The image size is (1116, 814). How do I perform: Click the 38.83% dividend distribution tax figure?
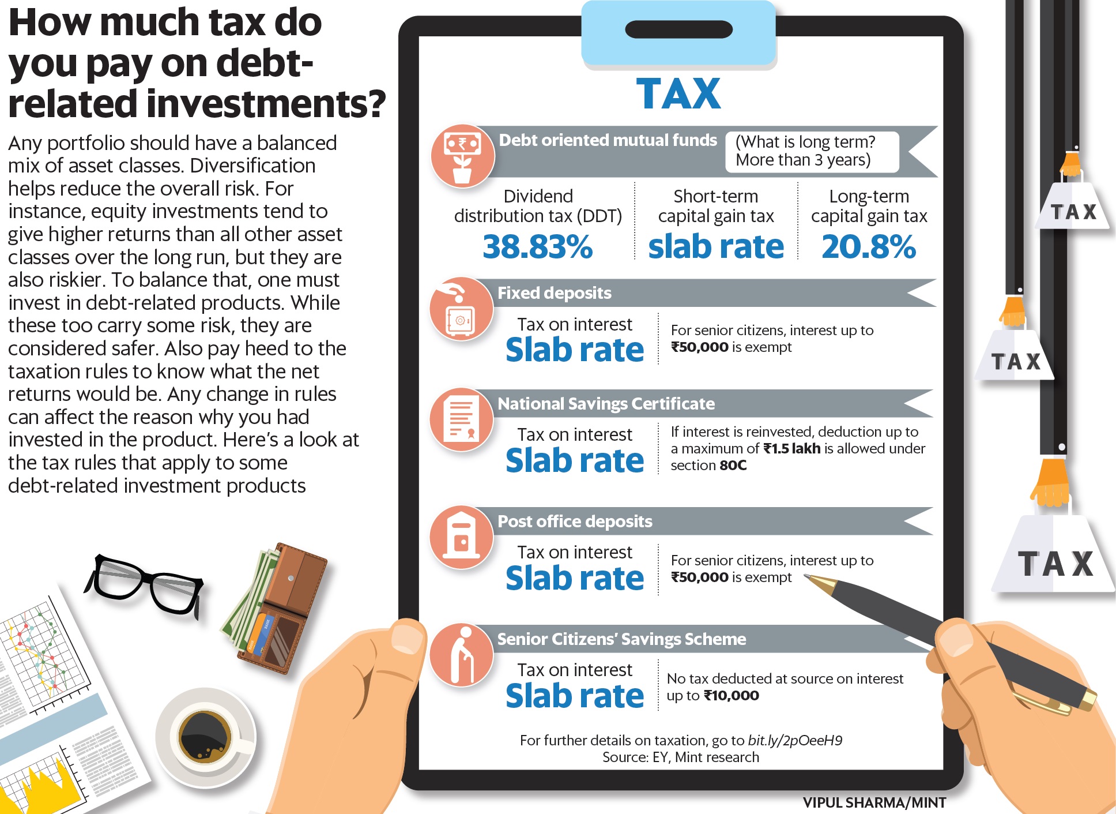[537, 247]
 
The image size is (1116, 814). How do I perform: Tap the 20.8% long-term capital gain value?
[868, 247]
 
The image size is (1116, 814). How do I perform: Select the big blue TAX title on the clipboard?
[678, 93]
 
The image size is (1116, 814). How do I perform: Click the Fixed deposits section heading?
[554, 293]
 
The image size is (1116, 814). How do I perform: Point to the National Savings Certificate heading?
[606, 404]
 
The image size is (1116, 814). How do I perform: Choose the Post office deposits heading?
[575, 522]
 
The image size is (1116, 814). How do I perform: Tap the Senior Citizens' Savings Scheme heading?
[621, 639]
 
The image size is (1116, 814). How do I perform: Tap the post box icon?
[461, 537]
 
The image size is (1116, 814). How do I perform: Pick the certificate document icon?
[462, 419]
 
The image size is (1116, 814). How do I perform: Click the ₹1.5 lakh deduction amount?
[791, 449]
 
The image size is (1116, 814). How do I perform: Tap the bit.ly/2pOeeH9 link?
[795, 741]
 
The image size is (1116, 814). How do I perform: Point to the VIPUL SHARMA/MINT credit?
[874, 802]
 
